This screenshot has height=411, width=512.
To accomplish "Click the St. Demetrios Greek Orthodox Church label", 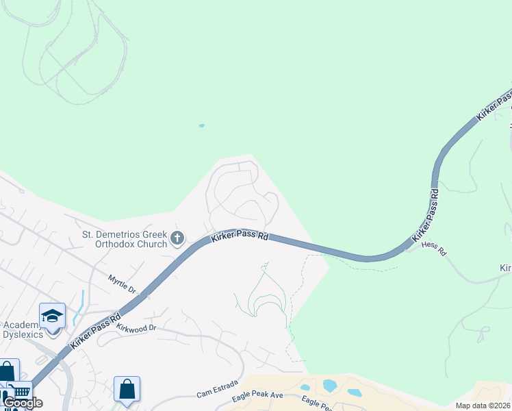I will click(125, 239).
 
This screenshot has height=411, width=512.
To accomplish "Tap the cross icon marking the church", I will click(177, 238).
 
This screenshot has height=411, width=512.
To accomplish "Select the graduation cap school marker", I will click(53, 316).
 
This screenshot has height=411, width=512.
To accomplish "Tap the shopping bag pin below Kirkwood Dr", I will click(127, 390).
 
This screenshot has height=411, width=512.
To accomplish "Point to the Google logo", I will click(23, 403).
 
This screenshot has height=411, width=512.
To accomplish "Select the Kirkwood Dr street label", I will click(137, 329).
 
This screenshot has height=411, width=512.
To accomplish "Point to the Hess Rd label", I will click(434, 248).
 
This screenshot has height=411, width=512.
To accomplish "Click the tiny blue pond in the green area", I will click(201, 126).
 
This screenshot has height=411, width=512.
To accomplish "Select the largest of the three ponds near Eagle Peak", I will click(329, 386).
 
